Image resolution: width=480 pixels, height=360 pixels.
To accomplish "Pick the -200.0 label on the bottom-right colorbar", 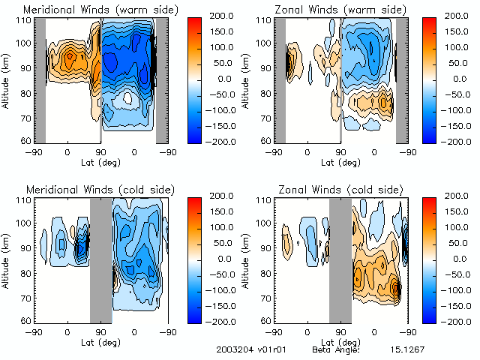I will [x=455, y=320].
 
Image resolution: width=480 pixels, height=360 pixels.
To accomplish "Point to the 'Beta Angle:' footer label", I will [x=336, y=349].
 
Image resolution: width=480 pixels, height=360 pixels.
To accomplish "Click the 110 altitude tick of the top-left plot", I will [x=25, y=20].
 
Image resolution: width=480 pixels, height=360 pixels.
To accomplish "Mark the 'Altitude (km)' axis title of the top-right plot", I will [x=250, y=79].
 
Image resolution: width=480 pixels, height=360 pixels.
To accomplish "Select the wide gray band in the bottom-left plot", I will [x=100, y=259].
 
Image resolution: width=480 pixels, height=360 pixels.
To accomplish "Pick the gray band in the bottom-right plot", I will [x=340, y=259].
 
